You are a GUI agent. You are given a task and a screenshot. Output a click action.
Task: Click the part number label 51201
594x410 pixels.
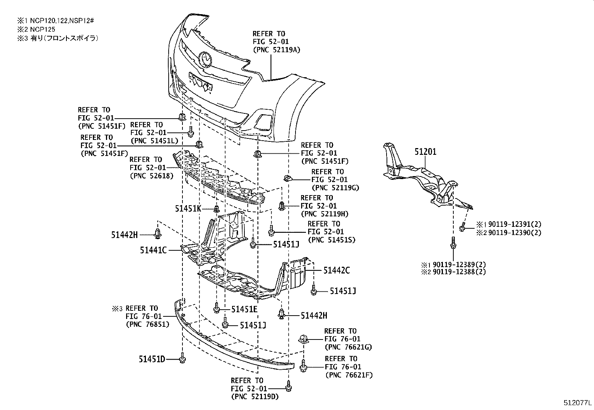click(425, 152)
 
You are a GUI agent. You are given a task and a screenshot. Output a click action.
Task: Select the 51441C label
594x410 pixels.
click(153, 250)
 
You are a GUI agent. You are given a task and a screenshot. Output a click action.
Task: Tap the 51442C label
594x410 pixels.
click(337, 270)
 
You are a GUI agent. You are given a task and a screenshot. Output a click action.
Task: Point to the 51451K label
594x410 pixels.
click(188, 209)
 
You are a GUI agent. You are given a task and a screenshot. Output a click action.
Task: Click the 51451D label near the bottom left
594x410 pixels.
click(152, 359)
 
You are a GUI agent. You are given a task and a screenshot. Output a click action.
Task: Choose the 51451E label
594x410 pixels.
click(244, 309)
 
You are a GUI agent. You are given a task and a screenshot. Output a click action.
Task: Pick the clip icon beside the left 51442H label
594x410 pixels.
click(158, 234)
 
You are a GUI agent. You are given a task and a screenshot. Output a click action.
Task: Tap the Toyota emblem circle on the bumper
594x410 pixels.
click(205, 59)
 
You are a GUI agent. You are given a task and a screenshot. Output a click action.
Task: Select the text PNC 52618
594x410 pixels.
click(151, 176)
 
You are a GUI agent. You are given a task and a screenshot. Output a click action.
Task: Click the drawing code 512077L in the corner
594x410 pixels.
click(577, 403)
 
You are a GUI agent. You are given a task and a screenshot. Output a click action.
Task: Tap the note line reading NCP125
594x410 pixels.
click(40, 29)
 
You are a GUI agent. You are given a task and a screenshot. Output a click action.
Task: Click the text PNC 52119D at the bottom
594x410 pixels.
click(255, 397)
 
